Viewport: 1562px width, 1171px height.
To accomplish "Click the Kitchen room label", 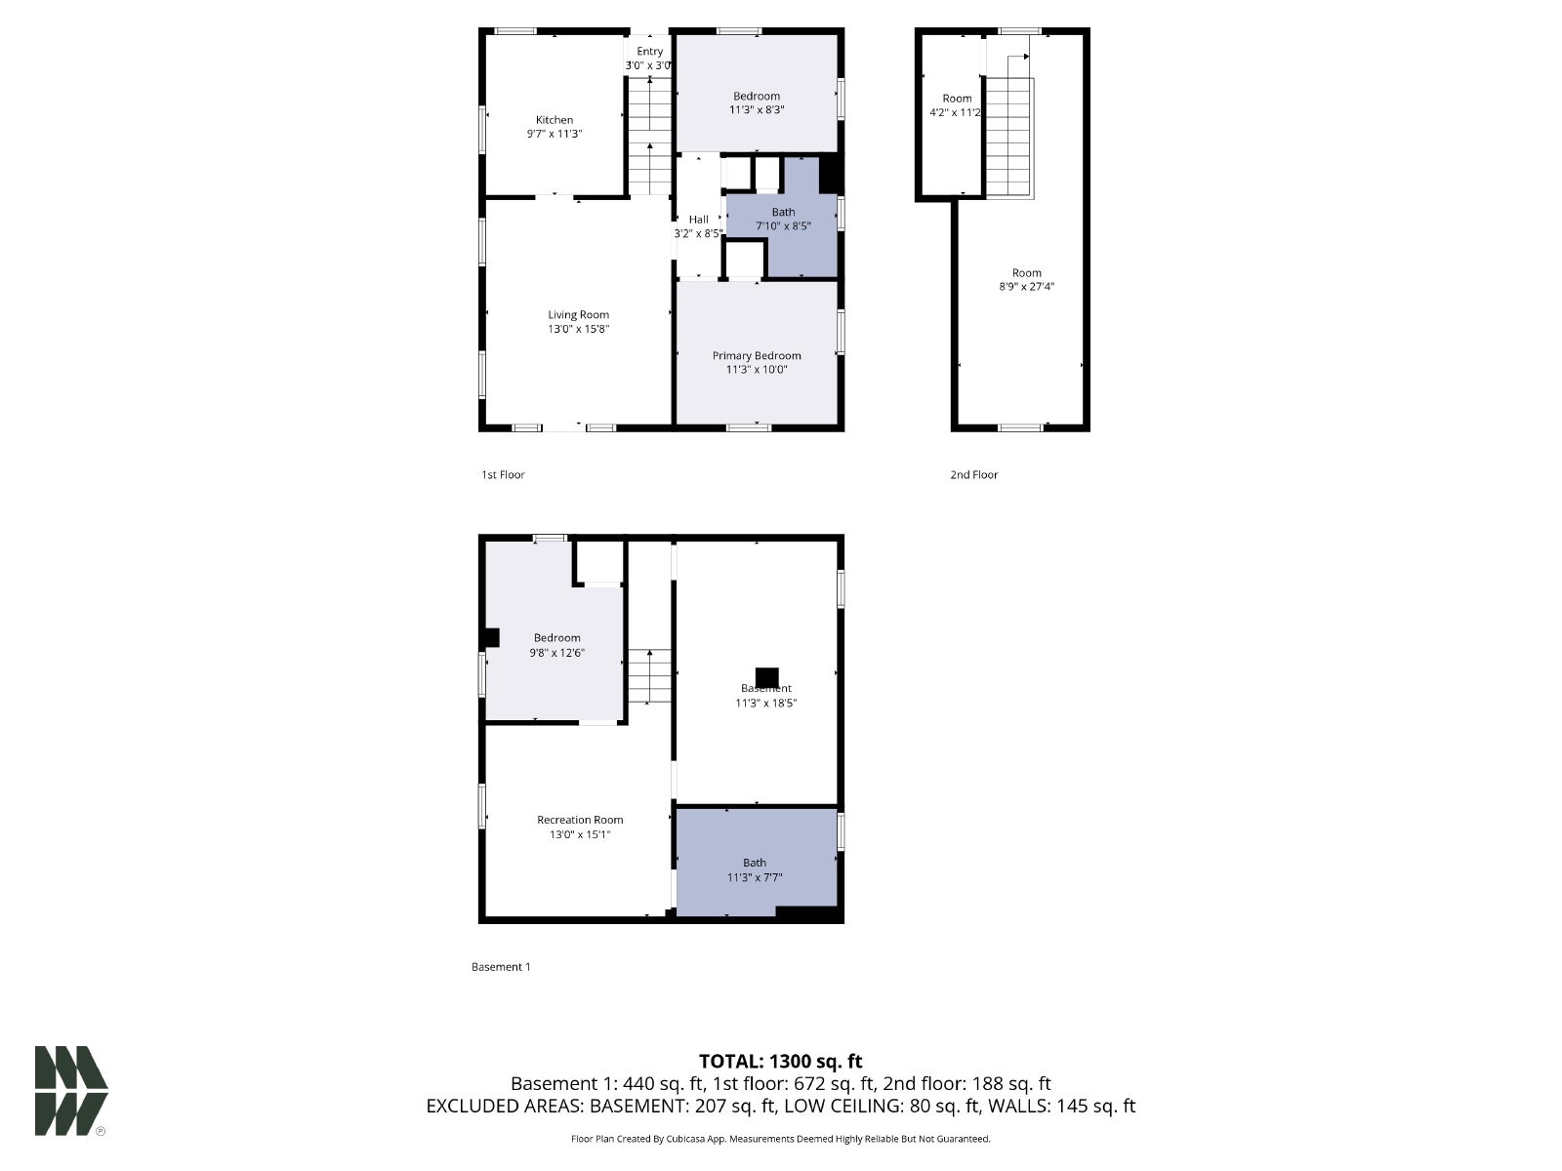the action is pos(555,120).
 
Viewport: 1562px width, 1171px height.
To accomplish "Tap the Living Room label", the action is pos(579,315).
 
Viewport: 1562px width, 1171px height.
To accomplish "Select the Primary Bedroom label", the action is pos(757,355).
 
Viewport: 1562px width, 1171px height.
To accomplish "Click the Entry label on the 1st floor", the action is pos(650,51).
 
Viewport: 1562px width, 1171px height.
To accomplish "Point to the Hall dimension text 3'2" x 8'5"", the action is pos(698,233).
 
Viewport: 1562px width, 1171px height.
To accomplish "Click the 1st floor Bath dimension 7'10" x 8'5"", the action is pos(783,226).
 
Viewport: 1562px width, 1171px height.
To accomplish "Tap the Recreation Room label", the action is pos(580,820).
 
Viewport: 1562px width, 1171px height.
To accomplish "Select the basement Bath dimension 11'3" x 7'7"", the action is pos(755,877).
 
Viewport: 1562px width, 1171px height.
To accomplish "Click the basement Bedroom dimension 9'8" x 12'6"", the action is pos(557,653).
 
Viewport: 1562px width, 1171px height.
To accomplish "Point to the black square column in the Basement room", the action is pos(766,677).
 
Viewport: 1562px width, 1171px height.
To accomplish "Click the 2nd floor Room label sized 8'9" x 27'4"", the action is pos(1027,273).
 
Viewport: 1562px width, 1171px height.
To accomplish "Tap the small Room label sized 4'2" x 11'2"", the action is pos(957,99).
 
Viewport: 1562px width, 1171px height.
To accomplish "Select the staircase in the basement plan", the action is pos(649,675).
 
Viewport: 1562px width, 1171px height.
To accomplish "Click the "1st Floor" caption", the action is pos(503,474).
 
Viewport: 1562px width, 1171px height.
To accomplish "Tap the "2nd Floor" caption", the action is pos(974,474).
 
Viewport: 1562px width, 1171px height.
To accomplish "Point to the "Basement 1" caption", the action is pos(501,967).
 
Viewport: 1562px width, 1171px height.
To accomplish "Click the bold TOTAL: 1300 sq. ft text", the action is pos(781,1062).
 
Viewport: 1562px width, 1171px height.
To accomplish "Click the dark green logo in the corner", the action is pos(71,1091).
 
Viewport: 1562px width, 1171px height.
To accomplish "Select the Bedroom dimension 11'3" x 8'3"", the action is pos(757,109).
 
